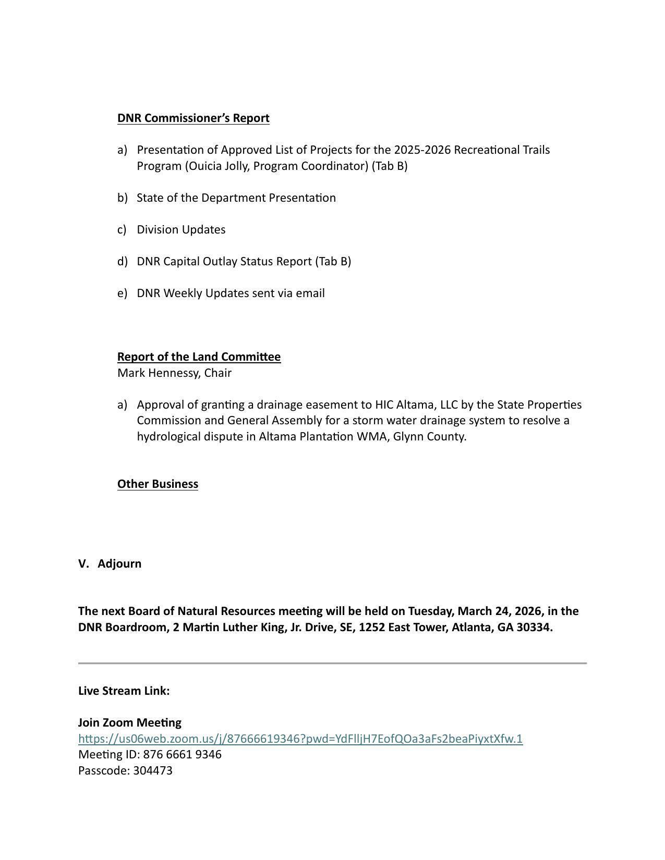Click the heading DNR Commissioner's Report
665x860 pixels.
pos(193,118)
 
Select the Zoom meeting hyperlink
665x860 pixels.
pos(300,739)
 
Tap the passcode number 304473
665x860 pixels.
pos(153,770)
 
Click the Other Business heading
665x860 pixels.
pos(158,484)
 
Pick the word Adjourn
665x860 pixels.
pos(119,563)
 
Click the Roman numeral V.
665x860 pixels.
pos(83,563)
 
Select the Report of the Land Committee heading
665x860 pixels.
pos(199,357)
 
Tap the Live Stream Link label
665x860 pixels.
pos(124,691)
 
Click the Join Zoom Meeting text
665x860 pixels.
pos(130,722)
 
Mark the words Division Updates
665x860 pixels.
pos(181,229)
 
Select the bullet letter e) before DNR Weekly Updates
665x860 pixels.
pos(122,293)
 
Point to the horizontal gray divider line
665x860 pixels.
pos(332,663)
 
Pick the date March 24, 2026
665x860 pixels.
pos(501,611)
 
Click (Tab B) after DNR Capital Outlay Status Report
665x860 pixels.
pos(333,261)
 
